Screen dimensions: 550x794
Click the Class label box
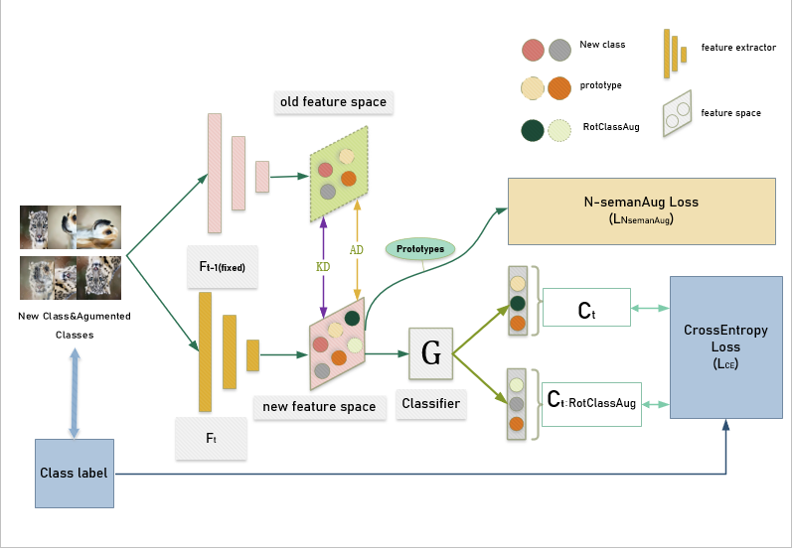pyautogui.click(x=75, y=473)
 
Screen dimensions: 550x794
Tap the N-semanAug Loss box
pyautogui.click(x=641, y=210)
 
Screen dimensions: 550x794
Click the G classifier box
pyautogui.click(x=431, y=352)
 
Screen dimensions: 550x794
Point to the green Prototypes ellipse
pyautogui.click(x=419, y=248)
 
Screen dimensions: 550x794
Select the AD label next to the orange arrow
pyautogui.click(x=356, y=249)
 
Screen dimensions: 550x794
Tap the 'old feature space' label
pyautogui.click(x=333, y=102)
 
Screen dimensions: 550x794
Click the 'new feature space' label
pyautogui.click(x=319, y=406)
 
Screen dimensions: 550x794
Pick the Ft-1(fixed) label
pyautogui.click(x=222, y=267)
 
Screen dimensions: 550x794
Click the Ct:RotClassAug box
pyautogui.click(x=591, y=403)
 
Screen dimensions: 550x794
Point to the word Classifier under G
pyautogui.click(x=430, y=404)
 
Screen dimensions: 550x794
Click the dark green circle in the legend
pyautogui.click(x=533, y=130)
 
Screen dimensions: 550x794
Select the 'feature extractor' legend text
pyautogui.click(x=738, y=48)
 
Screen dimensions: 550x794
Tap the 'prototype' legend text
pyautogui.click(x=600, y=85)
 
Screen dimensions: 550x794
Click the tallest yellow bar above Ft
pyautogui.click(x=205, y=351)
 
